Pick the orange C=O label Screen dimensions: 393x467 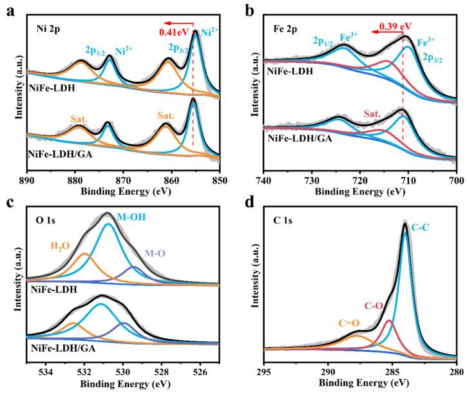point(346,322)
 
